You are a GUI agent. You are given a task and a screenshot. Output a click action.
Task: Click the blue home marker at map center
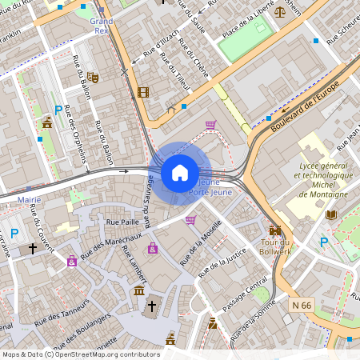coord(180,172)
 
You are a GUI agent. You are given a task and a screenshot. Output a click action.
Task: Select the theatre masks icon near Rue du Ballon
coord(93,78)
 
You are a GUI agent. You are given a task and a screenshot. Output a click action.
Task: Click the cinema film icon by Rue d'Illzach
coord(143,92)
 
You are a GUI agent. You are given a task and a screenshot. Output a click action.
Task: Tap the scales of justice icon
coord(278,10)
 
